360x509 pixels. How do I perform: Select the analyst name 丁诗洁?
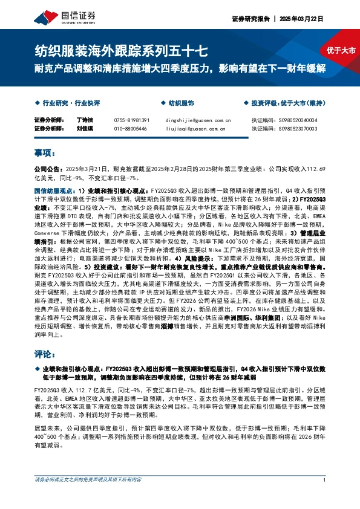pyautogui.click(x=85, y=120)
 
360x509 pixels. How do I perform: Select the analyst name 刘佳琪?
pyautogui.click(x=85, y=129)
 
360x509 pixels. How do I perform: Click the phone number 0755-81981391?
pyautogui.click(x=131, y=120)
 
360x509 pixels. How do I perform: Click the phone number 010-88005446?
pyautogui.click(x=130, y=129)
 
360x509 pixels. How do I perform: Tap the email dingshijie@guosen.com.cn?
pyautogui.click(x=198, y=120)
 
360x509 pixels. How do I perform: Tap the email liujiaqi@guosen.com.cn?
pyautogui.click(x=194, y=129)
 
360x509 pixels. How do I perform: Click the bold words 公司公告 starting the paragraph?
pyautogui.click(x=45, y=170)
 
